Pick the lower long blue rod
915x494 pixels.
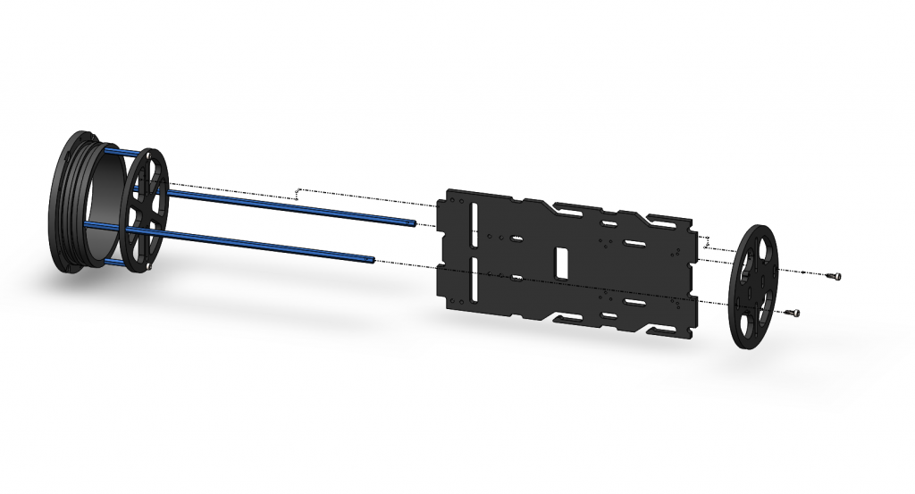point(268,245)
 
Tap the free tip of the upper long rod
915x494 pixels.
point(414,223)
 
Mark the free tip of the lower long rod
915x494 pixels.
point(373,260)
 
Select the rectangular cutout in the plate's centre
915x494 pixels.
point(562,262)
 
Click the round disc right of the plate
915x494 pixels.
point(756,286)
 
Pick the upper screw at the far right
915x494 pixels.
point(835,276)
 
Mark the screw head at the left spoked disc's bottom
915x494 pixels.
point(151,265)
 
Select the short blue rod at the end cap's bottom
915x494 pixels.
point(112,260)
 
